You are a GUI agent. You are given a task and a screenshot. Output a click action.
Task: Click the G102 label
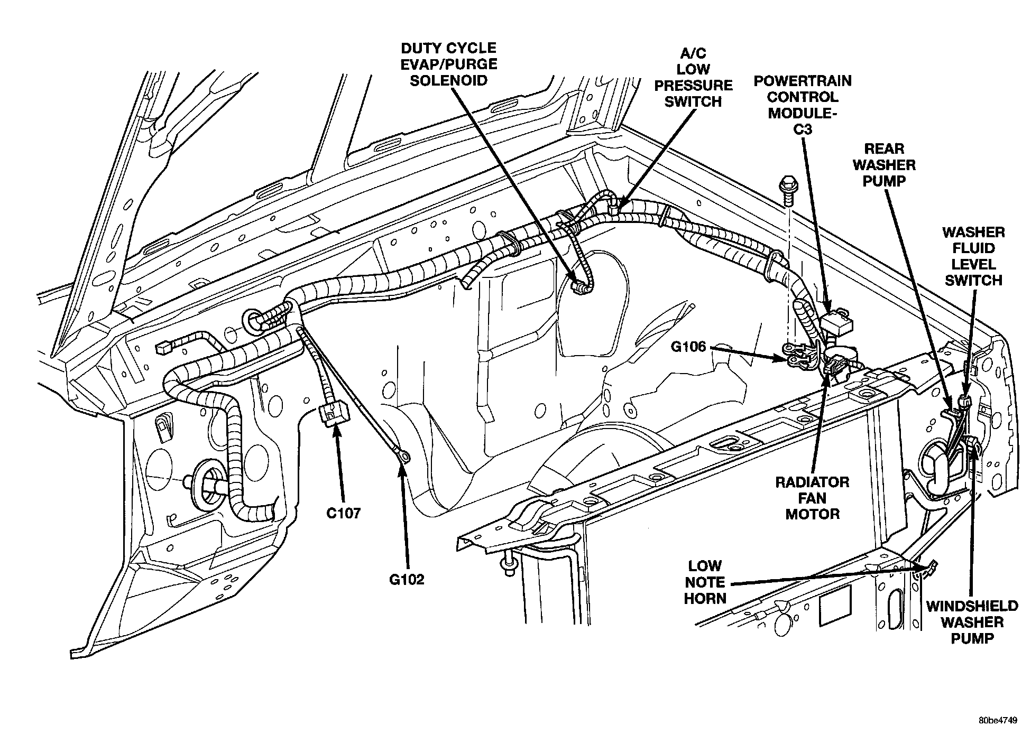407,580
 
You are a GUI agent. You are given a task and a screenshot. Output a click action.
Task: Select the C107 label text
343,513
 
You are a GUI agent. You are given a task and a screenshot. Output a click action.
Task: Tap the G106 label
688,347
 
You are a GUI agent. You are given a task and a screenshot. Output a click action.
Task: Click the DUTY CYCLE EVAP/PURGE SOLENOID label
449,64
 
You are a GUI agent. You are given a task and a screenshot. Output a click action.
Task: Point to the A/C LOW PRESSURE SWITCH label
693,77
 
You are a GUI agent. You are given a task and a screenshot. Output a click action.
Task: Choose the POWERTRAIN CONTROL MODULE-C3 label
802,105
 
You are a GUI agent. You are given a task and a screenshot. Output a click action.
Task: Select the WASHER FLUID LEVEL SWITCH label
973,256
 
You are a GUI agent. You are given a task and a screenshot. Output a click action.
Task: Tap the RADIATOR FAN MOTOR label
812,498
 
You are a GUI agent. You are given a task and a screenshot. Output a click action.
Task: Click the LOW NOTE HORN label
705,582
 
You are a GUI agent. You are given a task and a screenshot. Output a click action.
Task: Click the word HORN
705,598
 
